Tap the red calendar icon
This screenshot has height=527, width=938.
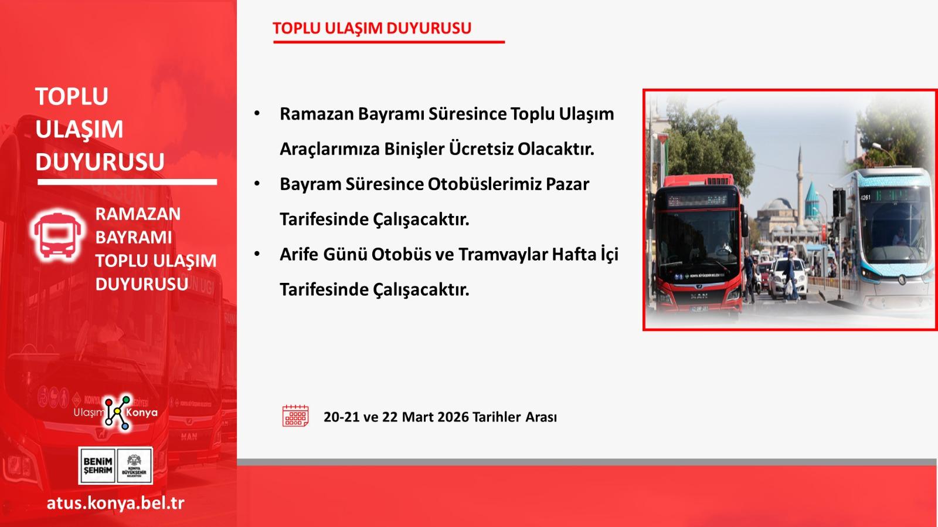[295, 415]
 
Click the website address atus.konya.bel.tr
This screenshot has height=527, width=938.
[115, 503]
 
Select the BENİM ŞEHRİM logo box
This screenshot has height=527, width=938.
[97, 465]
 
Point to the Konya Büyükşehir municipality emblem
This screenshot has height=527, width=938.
[134, 465]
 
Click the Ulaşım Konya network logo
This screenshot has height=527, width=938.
[116, 413]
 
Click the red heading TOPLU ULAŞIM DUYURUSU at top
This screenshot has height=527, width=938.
[372, 28]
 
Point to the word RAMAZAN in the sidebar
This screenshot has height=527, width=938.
[138, 214]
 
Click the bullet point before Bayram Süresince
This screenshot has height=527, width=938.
[257, 184]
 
